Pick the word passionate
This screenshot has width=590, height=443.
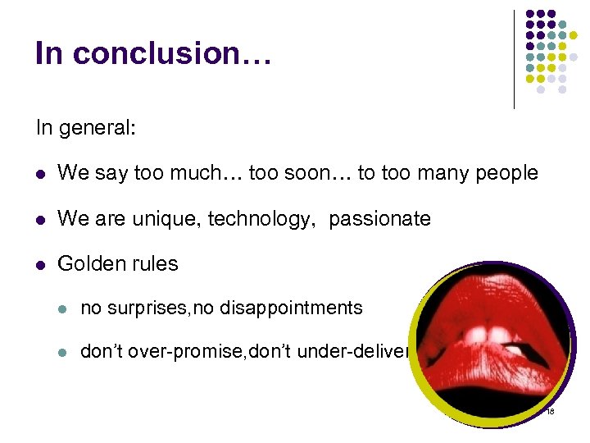[379, 219]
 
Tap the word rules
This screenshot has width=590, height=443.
[155, 264]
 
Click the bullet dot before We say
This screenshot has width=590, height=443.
[41, 174]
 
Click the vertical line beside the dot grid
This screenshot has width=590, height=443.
[515, 59]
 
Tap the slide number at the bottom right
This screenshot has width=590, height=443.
[549, 411]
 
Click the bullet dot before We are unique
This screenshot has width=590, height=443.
[41, 220]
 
